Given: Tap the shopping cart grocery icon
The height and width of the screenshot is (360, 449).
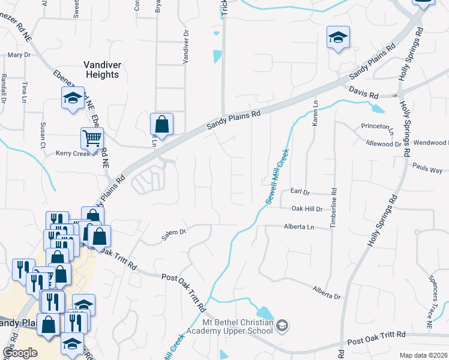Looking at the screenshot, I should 92,139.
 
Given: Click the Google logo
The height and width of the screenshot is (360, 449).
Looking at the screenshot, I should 20,353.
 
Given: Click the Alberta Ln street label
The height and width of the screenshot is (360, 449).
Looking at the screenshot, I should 299,227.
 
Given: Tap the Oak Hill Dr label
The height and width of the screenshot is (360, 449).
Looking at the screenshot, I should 307,208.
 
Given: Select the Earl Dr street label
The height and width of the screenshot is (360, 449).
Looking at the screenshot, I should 299,192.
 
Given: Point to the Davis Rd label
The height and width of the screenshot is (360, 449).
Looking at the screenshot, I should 365,95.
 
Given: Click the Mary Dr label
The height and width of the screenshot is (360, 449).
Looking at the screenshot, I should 19,55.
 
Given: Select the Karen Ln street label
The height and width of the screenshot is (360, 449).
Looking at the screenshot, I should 314,113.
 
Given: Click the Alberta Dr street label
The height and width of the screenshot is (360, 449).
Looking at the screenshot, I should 327,292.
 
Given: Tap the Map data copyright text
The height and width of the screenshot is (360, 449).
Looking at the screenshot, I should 423,355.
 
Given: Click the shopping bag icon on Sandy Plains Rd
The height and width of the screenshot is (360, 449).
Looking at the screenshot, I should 162,124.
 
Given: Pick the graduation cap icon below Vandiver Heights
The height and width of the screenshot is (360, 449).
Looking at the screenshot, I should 73,98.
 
